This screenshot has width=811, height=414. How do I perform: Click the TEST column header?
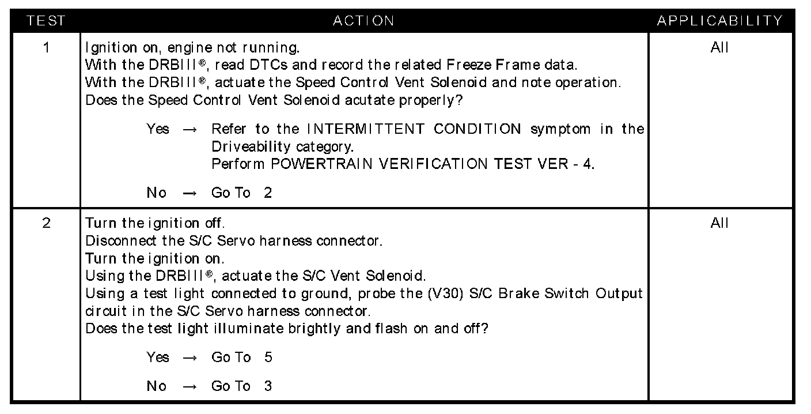click(46, 21)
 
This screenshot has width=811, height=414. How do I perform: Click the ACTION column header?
click(364, 21)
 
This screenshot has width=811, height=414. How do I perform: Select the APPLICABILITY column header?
click(720, 21)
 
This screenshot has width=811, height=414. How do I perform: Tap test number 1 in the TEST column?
click(46, 47)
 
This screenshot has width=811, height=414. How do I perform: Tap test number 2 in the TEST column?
click(46, 223)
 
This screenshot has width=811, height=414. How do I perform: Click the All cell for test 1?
click(720, 47)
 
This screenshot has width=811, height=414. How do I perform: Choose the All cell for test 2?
click(720, 223)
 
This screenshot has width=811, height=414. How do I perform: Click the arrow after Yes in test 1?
click(190, 129)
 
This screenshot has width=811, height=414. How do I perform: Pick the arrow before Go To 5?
click(190, 357)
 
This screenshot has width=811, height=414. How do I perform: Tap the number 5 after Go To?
click(268, 357)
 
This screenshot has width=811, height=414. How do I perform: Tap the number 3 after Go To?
click(268, 386)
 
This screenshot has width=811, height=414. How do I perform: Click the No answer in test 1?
click(156, 193)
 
